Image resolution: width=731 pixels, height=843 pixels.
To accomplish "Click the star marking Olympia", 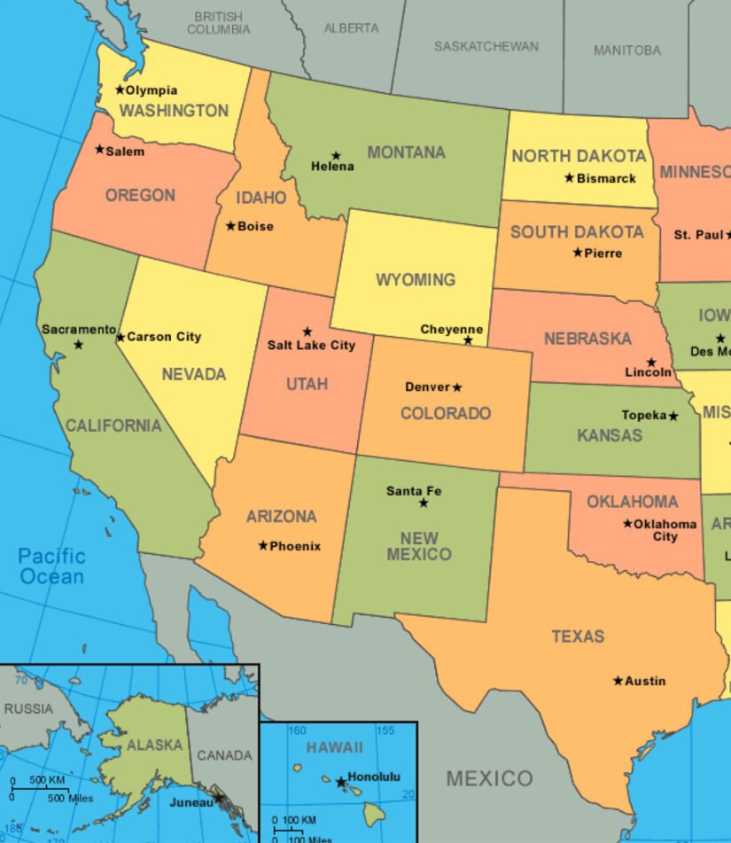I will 120,90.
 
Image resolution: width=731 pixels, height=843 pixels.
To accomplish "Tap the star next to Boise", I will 230,226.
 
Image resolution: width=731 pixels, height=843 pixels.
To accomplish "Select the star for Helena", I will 336,156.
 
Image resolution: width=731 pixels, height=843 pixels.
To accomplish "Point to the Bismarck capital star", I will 569,177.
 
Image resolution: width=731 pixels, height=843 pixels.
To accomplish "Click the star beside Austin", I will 618,681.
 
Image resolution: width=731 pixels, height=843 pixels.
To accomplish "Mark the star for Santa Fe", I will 424,503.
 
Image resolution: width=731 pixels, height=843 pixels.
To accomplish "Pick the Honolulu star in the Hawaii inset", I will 340,782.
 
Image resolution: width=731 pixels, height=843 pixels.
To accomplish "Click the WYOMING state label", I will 416,280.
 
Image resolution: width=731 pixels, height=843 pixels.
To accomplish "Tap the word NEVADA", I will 194,374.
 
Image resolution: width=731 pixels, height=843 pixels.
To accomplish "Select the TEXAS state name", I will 578,636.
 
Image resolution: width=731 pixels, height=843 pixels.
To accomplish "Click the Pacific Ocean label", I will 52,566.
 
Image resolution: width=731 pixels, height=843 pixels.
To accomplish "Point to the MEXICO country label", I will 489,779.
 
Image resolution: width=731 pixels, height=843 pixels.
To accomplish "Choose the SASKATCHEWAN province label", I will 486,46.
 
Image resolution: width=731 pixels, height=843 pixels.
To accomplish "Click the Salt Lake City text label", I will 311,345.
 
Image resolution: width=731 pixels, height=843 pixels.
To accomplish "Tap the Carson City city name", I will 164,337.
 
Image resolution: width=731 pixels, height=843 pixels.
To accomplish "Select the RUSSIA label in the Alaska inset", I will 28,709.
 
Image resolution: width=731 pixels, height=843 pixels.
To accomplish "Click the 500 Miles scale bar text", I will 69,799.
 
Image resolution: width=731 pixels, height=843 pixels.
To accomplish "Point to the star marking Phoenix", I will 263,545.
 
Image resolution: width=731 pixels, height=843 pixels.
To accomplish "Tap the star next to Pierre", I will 578,253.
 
